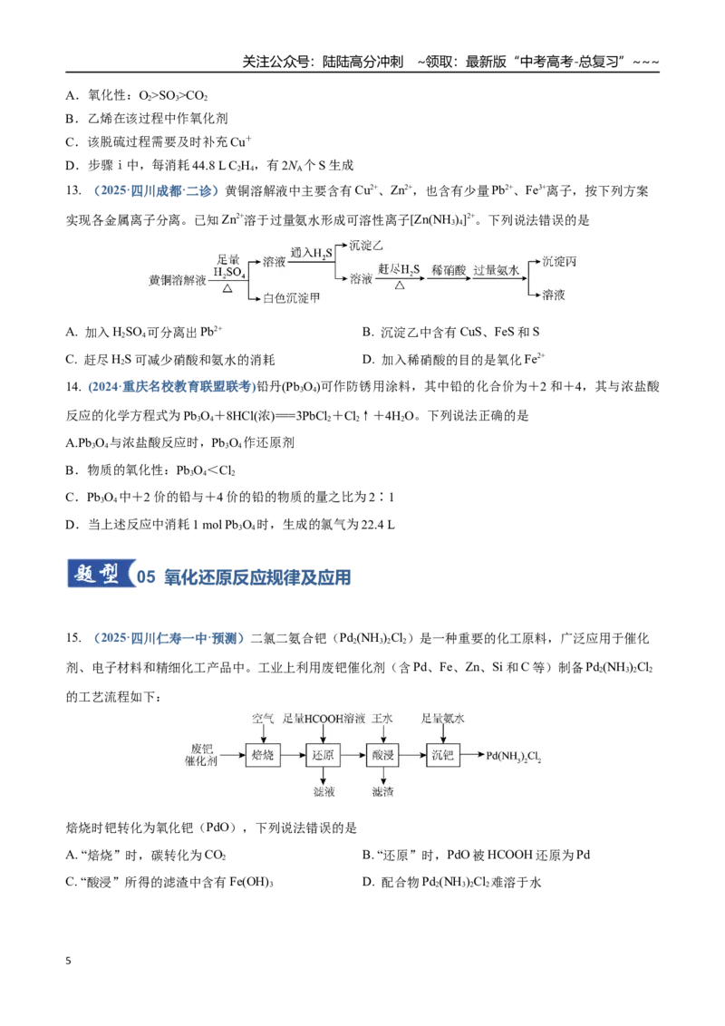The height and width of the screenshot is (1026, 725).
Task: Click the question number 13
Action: pyautogui.click(x=73, y=191)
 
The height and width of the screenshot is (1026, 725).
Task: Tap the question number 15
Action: pyautogui.click(x=73, y=638)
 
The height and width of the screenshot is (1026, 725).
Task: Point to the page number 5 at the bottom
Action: pyautogui.click(x=69, y=961)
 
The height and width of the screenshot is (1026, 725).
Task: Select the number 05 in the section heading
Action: pyautogui.click(x=147, y=577)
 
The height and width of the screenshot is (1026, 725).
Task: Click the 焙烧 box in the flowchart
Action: pyautogui.click(x=263, y=755)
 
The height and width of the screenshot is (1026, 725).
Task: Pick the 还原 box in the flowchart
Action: pyautogui.click(x=324, y=755)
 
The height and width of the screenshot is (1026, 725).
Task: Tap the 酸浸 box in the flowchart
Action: pyautogui.click(x=382, y=755)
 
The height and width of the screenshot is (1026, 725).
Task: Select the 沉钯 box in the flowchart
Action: pyautogui.click(x=443, y=755)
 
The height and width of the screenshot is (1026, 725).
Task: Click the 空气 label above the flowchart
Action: pyautogui.click(x=263, y=719)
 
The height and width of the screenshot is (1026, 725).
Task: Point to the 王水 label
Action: pyautogui.click(x=382, y=719)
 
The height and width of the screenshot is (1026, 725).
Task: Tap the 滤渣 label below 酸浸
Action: pyautogui.click(x=382, y=792)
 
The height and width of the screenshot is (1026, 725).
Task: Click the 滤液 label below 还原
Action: pyautogui.click(x=324, y=792)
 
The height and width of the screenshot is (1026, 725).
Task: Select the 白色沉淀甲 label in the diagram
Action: pyautogui.click(x=292, y=298)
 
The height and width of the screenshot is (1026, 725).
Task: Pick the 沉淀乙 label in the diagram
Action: pyautogui.click(x=366, y=246)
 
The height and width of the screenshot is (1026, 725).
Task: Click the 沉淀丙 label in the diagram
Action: pyautogui.click(x=559, y=262)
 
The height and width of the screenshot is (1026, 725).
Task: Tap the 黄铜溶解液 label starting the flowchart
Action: pyautogui.click(x=178, y=280)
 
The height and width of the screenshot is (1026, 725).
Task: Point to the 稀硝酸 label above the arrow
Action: pyautogui.click(x=449, y=269)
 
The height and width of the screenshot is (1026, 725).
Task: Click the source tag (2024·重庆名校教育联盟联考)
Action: pyautogui.click(x=172, y=387)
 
